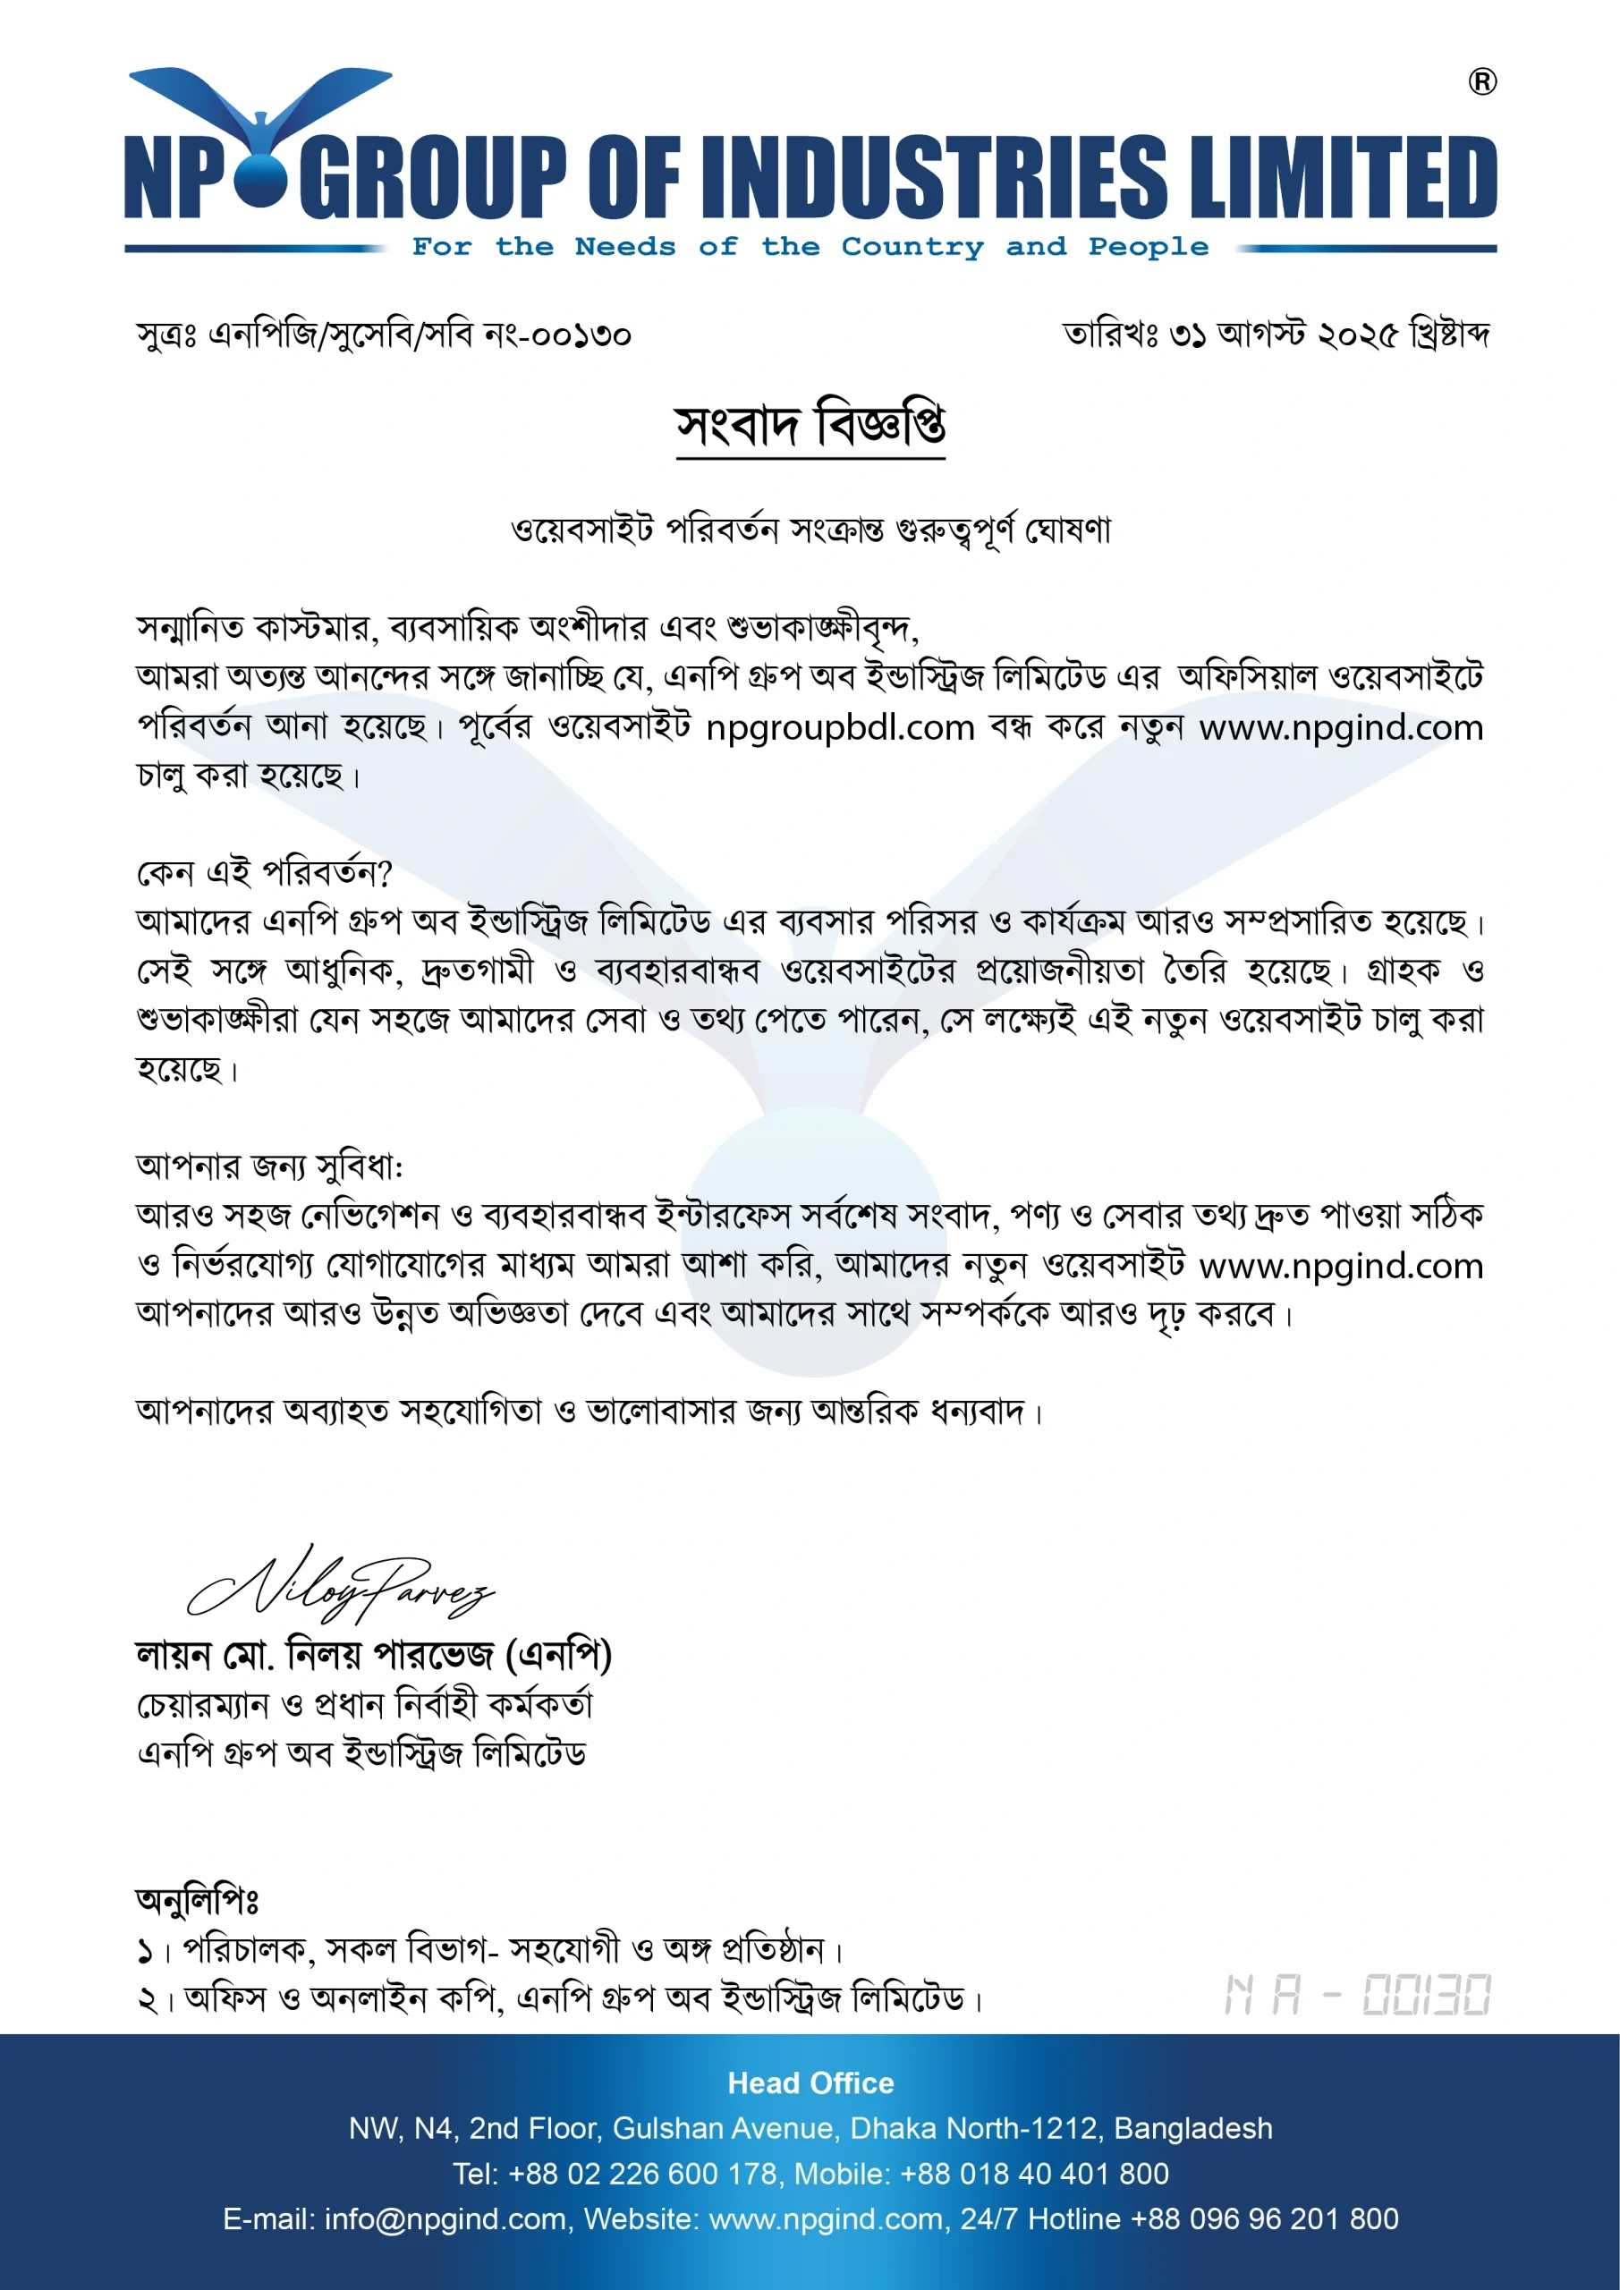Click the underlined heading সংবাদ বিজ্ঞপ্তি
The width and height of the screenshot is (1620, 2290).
coord(810,426)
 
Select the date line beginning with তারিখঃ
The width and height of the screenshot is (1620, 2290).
coord(1276,335)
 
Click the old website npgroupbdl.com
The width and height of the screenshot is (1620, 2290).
coord(840,727)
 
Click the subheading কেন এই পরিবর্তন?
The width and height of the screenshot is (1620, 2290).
coord(265,873)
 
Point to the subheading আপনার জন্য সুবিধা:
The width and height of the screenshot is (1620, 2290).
coord(269,1166)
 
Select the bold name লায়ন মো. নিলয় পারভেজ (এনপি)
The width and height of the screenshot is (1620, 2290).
coord(373,1656)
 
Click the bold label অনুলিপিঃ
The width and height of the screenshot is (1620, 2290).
coord(198,1900)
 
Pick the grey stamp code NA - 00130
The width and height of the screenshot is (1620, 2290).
coord(1357,1995)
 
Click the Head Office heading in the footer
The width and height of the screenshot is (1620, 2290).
coord(810,2082)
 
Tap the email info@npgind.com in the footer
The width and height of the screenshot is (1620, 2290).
coord(445,2218)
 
